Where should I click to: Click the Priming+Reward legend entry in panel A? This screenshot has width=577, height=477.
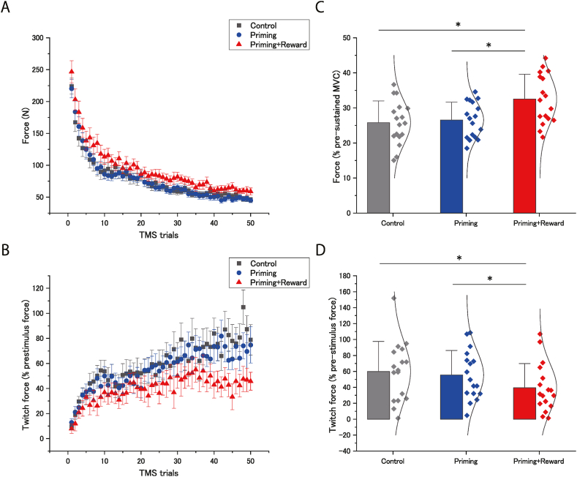pos(271,45)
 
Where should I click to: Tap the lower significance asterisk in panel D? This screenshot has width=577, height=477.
pos(489,279)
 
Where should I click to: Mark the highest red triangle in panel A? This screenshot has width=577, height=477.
pos(71,72)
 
